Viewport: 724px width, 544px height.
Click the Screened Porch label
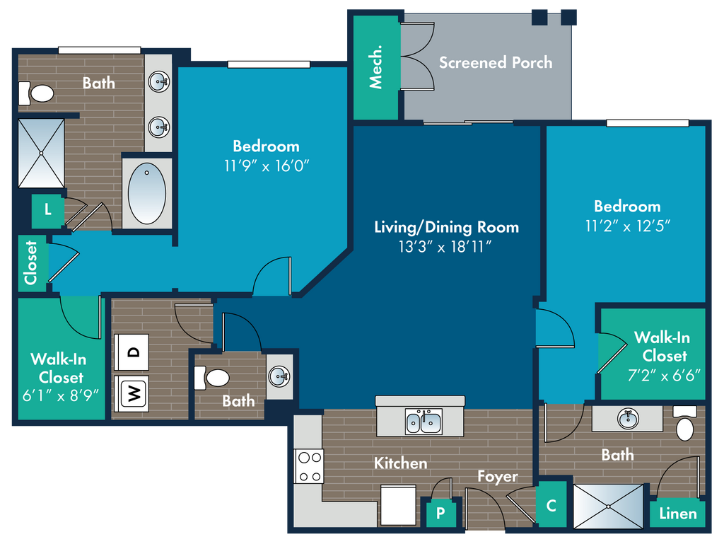tap(496, 62)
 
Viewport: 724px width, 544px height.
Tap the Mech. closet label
tap(376, 66)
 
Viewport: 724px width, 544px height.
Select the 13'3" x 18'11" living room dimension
tap(445, 247)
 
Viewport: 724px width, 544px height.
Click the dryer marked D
tap(132, 352)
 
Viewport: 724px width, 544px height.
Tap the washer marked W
tap(132, 393)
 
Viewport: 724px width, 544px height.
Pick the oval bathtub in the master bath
tap(147, 194)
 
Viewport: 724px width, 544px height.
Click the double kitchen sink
tap(424, 421)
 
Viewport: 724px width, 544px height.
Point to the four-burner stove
tap(309, 466)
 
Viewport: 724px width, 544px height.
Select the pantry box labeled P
tap(441, 512)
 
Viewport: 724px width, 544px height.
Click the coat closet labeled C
tap(551, 505)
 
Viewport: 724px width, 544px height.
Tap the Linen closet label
tap(678, 514)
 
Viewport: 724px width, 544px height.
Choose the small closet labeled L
tap(47, 210)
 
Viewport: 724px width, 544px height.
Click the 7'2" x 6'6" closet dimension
tap(664, 375)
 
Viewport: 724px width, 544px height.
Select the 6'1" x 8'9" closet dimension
tap(61, 395)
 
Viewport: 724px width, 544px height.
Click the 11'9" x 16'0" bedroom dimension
tap(267, 166)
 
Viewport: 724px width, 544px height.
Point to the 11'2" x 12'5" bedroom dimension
tap(628, 226)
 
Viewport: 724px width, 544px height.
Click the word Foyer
tap(498, 477)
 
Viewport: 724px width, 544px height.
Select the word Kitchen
tap(400, 463)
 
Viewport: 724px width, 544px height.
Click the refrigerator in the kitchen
tap(399, 505)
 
